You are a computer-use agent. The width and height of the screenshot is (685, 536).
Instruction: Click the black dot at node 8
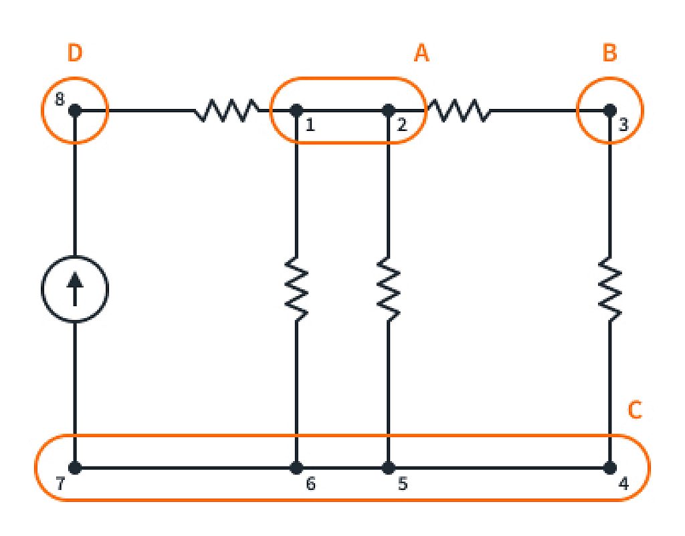point(75,110)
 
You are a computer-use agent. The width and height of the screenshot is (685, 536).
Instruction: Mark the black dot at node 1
point(296,110)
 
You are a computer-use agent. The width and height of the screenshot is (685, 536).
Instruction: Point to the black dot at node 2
point(388,110)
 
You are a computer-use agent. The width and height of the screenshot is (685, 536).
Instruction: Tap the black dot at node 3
point(609,110)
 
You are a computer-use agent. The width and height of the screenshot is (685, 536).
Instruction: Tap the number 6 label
point(310,485)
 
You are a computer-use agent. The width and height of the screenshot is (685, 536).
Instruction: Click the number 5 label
point(402,485)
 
